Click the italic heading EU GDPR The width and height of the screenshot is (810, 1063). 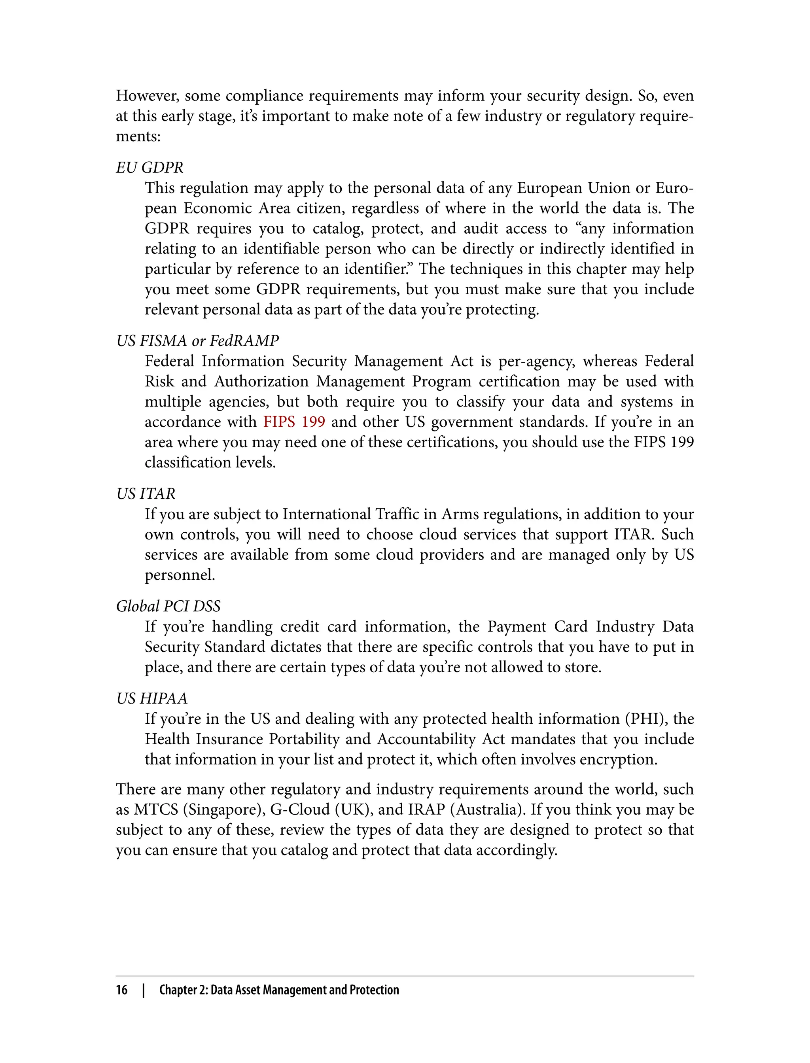tap(150, 168)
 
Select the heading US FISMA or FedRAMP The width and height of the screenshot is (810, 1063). tap(197, 341)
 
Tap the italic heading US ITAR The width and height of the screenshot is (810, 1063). tap(146, 494)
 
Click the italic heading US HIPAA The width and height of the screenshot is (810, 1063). tap(151, 698)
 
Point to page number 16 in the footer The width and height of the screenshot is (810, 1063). tap(121, 990)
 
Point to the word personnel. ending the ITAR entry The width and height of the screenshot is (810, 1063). tap(180, 575)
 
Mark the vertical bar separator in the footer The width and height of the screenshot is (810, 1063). tap(143, 990)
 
